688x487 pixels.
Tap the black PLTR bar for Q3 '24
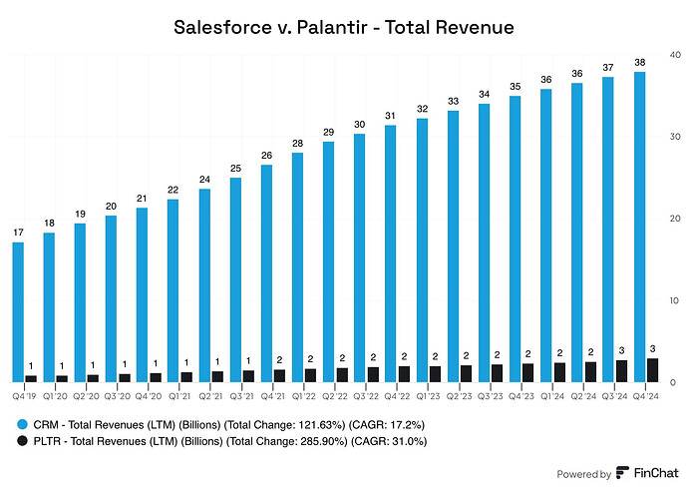pos(620,371)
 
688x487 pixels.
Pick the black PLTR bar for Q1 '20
pos(62,378)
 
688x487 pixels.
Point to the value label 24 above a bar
pos(203,181)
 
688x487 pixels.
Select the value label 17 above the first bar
pos(18,234)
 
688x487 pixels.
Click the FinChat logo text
pos(649,474)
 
